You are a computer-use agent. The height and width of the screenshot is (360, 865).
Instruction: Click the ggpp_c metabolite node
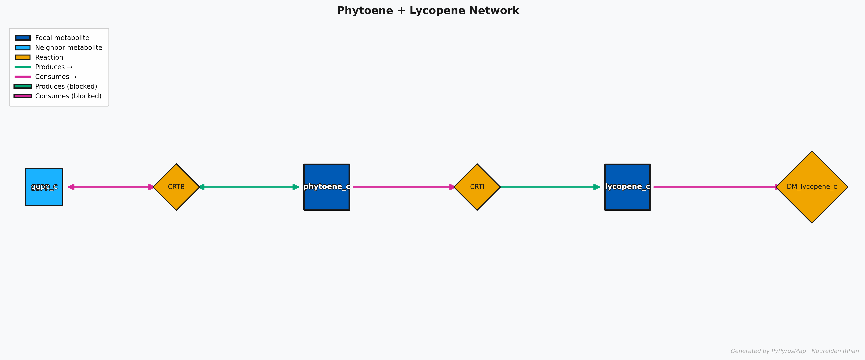click(44, 187)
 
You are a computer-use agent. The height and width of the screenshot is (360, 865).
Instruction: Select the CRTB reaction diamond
click(176, 187)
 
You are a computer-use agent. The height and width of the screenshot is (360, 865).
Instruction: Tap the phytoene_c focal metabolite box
click(327, 187)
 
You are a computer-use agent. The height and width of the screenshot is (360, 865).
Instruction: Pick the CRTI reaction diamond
click(477, 187)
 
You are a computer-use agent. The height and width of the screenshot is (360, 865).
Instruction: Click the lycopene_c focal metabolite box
click(627, 187)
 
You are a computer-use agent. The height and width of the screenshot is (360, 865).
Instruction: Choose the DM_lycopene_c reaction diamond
click(812, 187)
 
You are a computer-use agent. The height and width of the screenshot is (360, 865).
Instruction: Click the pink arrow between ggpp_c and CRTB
click(111, 187)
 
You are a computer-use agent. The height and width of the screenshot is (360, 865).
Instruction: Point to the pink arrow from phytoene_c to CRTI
click(403, 187)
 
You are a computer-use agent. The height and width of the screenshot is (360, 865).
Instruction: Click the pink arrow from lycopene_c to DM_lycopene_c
click(715, 187)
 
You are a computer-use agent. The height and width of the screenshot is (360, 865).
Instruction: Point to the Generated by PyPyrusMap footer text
click(794, 351)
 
